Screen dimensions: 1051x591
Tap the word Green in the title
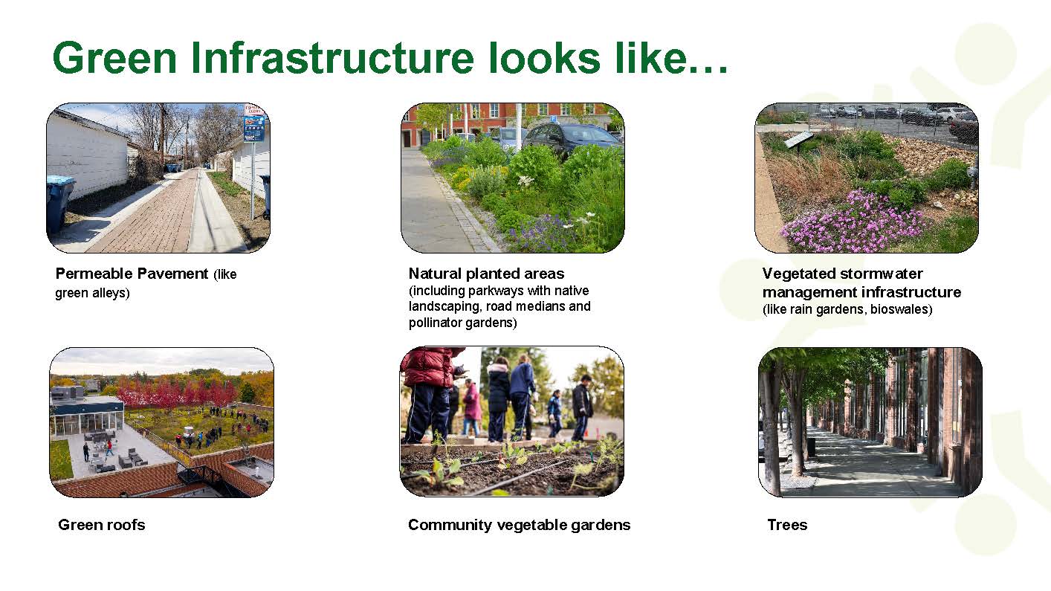point(114,58)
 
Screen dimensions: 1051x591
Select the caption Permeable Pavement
point(132,274)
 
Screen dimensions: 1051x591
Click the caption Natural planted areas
point(487,274)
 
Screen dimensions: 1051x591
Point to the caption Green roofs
point(102,524)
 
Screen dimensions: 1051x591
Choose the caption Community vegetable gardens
point(520,525)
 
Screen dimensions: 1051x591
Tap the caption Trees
point(787,524)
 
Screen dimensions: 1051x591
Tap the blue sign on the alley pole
point(254,128)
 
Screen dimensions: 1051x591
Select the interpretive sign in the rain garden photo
point(800,140)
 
